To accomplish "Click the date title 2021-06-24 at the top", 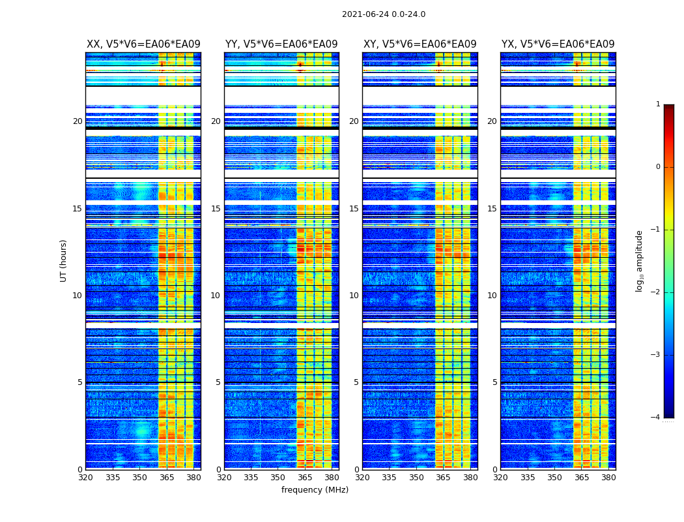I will (383, 14).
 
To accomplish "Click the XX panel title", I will (143, 44).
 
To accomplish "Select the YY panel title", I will (281, 44).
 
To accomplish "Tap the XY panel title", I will (420, 44).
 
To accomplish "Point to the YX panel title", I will (558, 44).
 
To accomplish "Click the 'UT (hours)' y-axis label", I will (63, 260).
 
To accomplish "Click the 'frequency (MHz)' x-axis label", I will (315, 490).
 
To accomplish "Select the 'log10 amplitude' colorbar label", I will (640, 260).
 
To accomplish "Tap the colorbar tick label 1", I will (657, 104).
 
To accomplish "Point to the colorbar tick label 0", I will (657, 167).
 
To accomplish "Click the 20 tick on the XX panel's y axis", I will (78, 121).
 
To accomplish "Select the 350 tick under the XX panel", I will (140, 478).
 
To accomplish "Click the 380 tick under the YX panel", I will (608, 478).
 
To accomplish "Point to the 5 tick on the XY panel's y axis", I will (356, 382).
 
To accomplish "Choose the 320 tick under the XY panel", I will (363, 478).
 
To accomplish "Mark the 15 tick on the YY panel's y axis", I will (216, 209).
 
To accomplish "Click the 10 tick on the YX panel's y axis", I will (492, 296).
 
